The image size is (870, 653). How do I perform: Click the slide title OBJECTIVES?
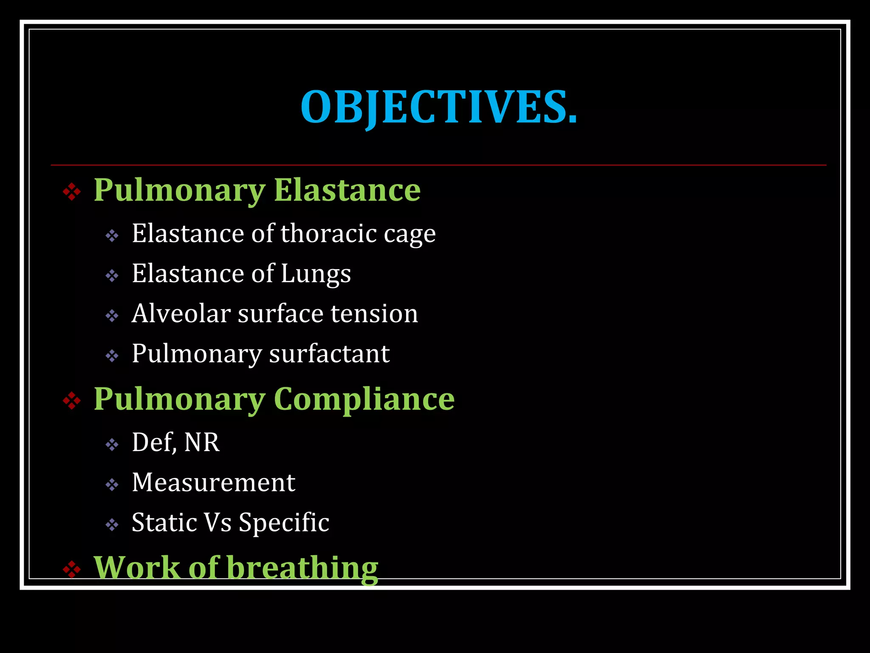point(439,107)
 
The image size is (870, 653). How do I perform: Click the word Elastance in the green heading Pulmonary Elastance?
point(347,190)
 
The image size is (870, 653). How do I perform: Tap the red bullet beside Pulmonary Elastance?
point(72,192)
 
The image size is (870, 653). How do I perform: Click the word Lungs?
point(316,274)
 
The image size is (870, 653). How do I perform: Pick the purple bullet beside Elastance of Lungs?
point(112,276)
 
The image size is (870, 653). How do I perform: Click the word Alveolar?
point(181,313)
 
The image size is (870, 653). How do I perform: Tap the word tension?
point(374,313)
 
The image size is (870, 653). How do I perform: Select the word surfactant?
point(329,353)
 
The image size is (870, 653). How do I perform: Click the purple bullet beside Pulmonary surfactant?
point(112,356)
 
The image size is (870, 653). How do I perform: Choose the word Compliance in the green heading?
point(364,399)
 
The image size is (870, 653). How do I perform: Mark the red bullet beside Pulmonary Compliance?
point(72,400)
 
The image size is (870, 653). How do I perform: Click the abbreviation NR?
point(202,442)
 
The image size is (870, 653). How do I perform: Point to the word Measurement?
point(213,483)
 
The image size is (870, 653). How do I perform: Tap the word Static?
point(164,522)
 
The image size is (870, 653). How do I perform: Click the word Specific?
point(284,522)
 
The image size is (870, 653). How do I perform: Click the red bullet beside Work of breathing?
point(72,569)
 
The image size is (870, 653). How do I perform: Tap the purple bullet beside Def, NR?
point(112,445)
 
